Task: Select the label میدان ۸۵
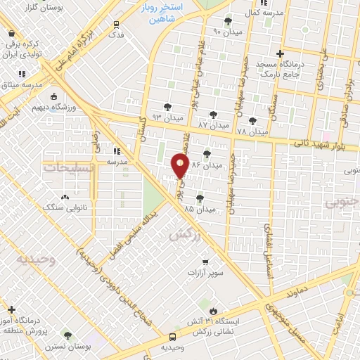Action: coord(199,209)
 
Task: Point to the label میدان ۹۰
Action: coord(226,32)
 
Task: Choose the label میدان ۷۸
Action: coord(252,131)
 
